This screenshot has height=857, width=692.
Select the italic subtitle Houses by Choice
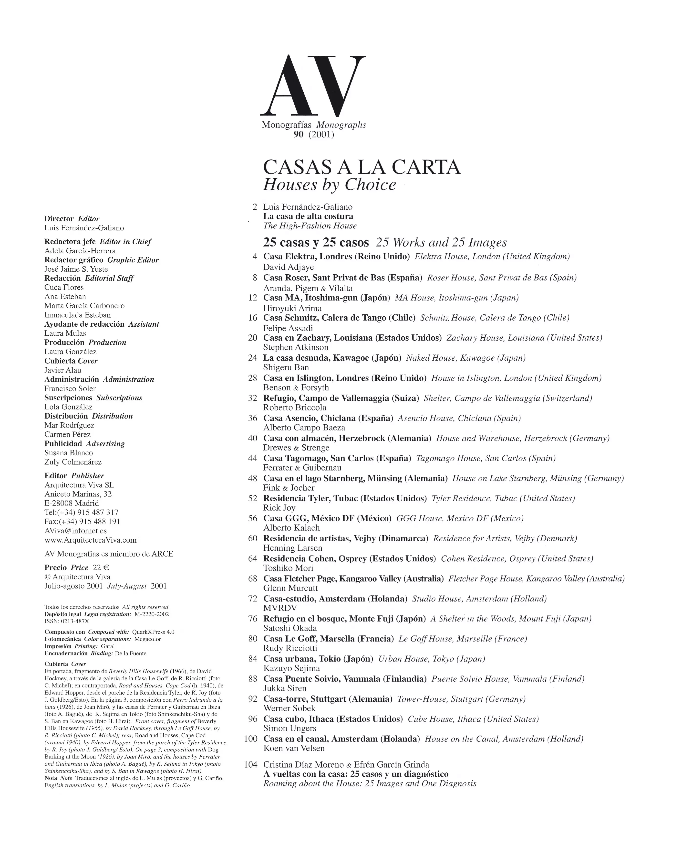tap(330, 185)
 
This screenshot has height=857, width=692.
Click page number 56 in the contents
tap(253, 518)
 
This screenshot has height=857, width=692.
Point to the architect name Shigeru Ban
tap(286, 367)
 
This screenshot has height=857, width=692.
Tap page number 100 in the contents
tap(251, 739)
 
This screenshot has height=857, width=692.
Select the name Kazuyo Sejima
tap(291, 668)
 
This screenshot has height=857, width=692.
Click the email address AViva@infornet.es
tap(75, 531)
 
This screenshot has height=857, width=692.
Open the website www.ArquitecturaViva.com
tap(91, 540)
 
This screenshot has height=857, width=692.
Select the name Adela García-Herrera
tap(80, 251)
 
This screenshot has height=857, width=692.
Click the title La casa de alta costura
tap(308, 216)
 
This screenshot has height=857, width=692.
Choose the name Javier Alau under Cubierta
tap(62, 370)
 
